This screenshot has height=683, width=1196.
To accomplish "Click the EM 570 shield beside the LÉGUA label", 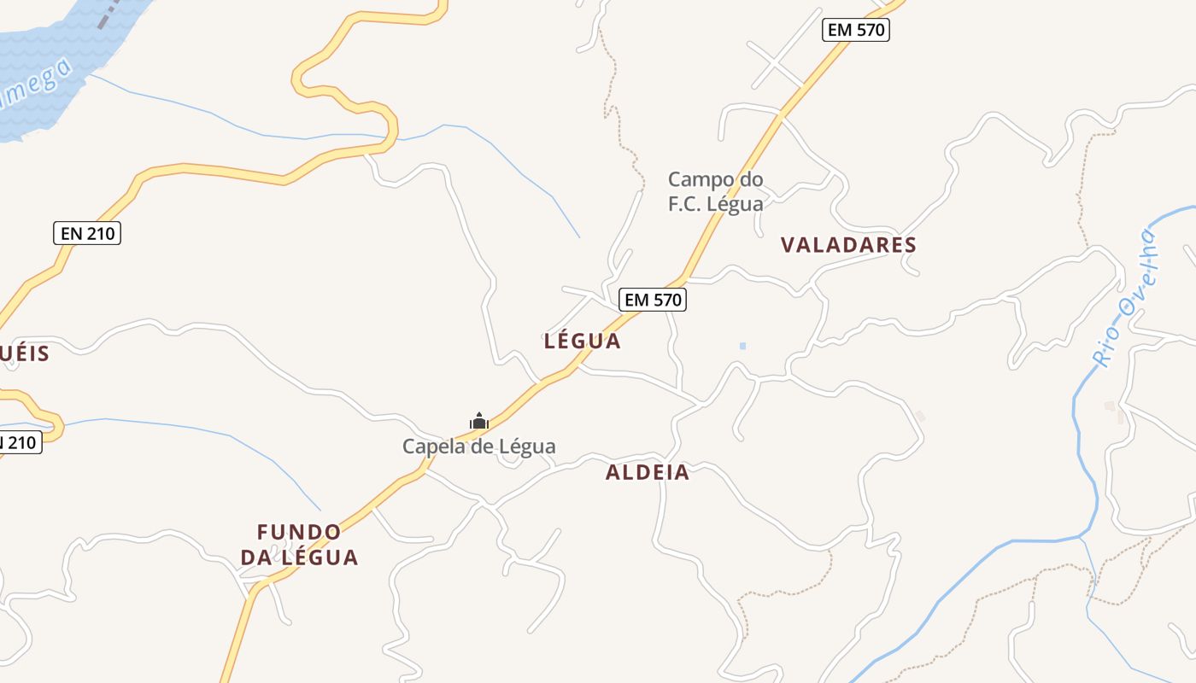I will (x=654, y=300).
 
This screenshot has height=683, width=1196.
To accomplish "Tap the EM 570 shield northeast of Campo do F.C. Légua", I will (x=857, y=31).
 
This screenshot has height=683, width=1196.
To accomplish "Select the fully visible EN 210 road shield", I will (x=87, y=233).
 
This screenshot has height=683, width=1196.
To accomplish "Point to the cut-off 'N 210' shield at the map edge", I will (x=19, y=442).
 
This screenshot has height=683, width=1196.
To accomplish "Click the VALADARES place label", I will (x=848, y=245).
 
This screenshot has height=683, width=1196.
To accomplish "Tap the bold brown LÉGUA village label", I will (x=583, y=341).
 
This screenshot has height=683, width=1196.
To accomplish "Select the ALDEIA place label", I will (x=648, y=472).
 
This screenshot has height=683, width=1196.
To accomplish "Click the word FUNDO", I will (x=299, y=533).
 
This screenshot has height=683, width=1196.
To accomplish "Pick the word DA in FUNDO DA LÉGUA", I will (x=256, y=558).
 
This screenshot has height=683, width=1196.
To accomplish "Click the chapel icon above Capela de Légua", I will (x=479, y=421).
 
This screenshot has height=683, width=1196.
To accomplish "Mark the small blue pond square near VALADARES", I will (x=742, y=346).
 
